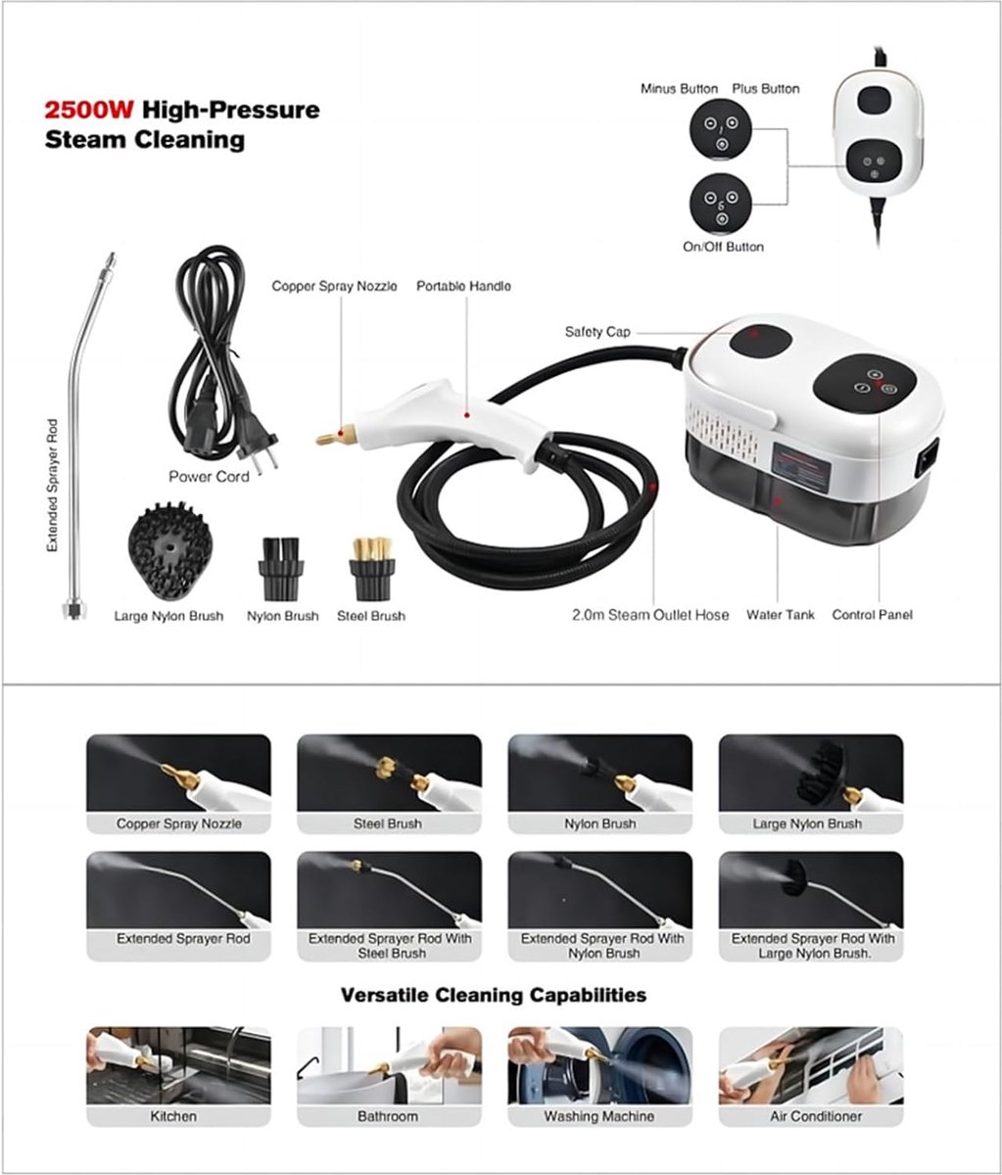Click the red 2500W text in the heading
point(89,110)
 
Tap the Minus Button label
point(679,89)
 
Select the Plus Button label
point(765,89)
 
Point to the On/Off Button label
point(723,247)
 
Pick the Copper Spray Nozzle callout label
point(334,286)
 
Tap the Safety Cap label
point(597,331)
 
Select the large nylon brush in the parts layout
point(170,551)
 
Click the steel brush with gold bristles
point(372,569)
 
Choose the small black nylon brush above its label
point(281,569)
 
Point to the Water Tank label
point(781,615)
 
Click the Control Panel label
point(873,615)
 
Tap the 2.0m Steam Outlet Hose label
point(650,615)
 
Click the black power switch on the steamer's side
point(927,458)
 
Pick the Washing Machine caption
point(599,1116)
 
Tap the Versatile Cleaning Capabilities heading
point(494,995)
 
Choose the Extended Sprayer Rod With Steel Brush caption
point(390,946)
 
